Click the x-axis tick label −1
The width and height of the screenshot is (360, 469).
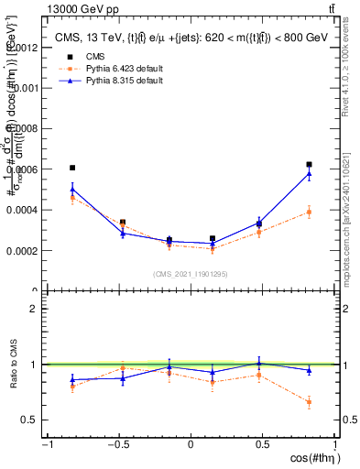point(46,445)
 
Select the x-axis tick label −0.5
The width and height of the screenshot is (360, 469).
point(117,445)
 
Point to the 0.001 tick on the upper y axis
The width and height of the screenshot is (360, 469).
point(25,88)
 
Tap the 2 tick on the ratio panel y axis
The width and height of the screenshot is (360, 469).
point(34,309)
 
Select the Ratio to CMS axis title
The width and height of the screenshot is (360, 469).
point(12,365)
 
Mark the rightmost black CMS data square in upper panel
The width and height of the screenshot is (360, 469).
point(310,165)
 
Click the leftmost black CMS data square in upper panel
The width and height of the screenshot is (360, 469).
point(72,168)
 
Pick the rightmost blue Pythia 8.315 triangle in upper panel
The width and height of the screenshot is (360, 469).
point(310,173)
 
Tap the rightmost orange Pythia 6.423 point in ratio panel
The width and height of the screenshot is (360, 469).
point(310,402)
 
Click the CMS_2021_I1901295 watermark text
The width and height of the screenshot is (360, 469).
point(191,274)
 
